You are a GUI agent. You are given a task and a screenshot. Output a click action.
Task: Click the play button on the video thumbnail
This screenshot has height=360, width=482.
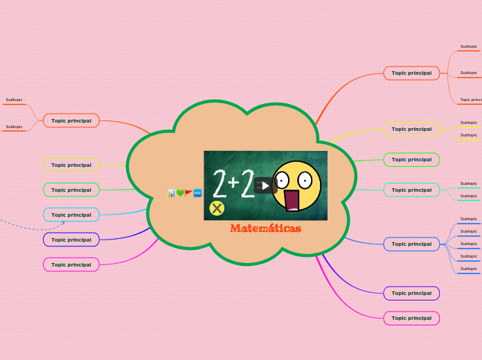tap(265, 186)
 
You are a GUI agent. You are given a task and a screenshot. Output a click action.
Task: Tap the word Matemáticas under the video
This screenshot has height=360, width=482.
tap(265, 228)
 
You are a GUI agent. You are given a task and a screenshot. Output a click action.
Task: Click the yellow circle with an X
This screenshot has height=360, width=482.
tap(217, 208)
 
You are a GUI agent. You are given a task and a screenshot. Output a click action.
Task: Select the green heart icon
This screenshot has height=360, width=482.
tap(180, 193)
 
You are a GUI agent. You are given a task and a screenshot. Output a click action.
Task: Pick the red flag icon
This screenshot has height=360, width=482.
tap(188, 193)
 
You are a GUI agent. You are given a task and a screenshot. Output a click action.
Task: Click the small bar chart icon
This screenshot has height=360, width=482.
tap(171, 193)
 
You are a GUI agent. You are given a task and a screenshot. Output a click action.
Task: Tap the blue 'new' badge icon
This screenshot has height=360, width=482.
tap(197, 193)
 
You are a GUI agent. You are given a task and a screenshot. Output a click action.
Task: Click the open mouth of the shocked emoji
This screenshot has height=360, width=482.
tap(292, 199)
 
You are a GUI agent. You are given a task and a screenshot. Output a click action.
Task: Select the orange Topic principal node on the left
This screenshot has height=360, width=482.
tap(71, 120)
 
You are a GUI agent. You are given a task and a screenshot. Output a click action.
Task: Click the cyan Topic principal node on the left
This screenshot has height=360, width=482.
tap(71, 215)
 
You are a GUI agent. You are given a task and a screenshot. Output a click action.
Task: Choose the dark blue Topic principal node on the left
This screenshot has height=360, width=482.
tap(71, 240)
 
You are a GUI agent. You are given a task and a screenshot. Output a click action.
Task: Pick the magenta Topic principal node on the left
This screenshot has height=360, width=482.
tap(71, 264)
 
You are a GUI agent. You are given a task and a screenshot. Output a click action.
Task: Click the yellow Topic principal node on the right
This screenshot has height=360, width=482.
tap(411, 129)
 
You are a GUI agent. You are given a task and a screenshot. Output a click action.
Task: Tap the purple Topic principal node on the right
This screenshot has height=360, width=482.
tap(411, 293)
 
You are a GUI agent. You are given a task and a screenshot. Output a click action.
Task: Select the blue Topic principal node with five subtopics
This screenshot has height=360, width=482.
tap(411, 244)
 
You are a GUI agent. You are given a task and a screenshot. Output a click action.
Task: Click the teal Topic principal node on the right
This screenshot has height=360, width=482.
tap(411, 190)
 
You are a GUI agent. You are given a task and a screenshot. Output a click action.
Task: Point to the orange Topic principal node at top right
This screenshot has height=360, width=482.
tap(411, 73)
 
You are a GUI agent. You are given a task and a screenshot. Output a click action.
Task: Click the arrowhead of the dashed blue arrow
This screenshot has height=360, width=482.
tap(63, 222)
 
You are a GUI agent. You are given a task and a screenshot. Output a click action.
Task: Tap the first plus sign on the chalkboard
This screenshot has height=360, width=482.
tap(233, 182)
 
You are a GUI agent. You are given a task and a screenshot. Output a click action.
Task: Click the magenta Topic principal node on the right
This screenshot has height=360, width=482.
tap(411, 318)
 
